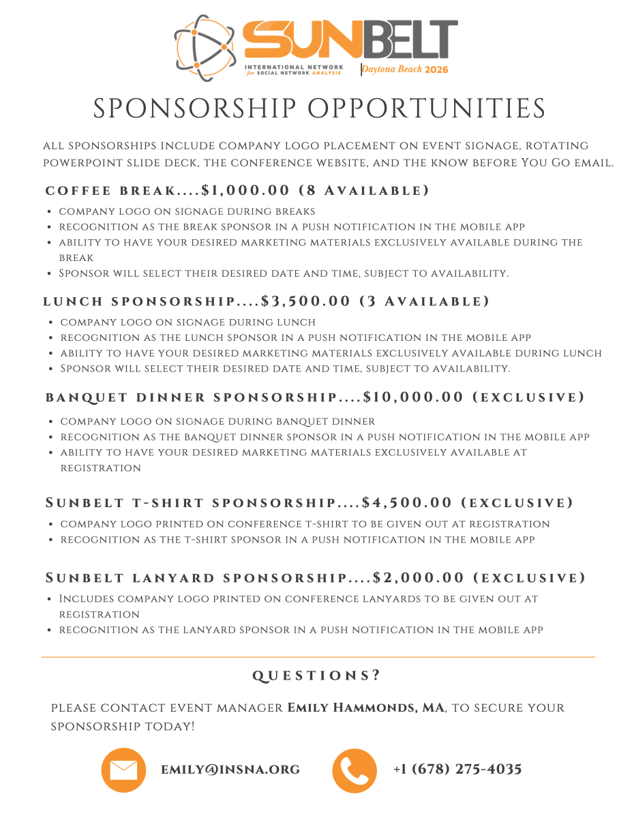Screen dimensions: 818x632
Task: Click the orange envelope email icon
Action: tap(123, 770)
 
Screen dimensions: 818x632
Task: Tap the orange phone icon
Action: tap(355, 770)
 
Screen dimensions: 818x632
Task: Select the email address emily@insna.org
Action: tap(230, 770)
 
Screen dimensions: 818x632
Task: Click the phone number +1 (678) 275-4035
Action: tap(457, 770)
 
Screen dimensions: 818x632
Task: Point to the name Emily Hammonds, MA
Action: tap(366, 708)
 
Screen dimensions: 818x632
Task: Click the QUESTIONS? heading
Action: tap(316, 676)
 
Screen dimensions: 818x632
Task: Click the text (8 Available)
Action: tap(365, 190)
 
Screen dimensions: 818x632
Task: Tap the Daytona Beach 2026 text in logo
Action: tap(405, 69)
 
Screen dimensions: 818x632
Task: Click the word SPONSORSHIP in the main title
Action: tap(194, 109)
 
